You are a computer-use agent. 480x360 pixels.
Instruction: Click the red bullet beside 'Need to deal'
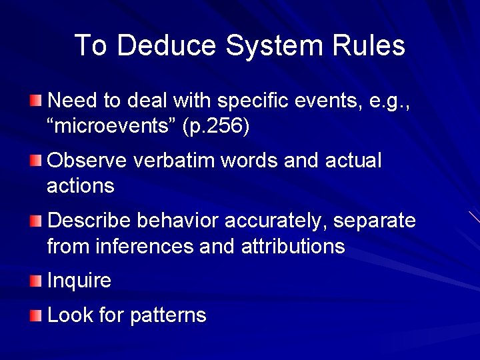pos(35,101)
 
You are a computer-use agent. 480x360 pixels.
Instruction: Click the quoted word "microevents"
pos(110,127)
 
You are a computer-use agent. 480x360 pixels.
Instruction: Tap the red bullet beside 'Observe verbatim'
pos(35,161)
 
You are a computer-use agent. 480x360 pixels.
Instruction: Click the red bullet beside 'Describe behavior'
pos(35,221)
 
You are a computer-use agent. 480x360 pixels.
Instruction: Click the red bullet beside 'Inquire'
pos(35,281)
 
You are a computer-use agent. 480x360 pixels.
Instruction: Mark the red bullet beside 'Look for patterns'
pos(35,315)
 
